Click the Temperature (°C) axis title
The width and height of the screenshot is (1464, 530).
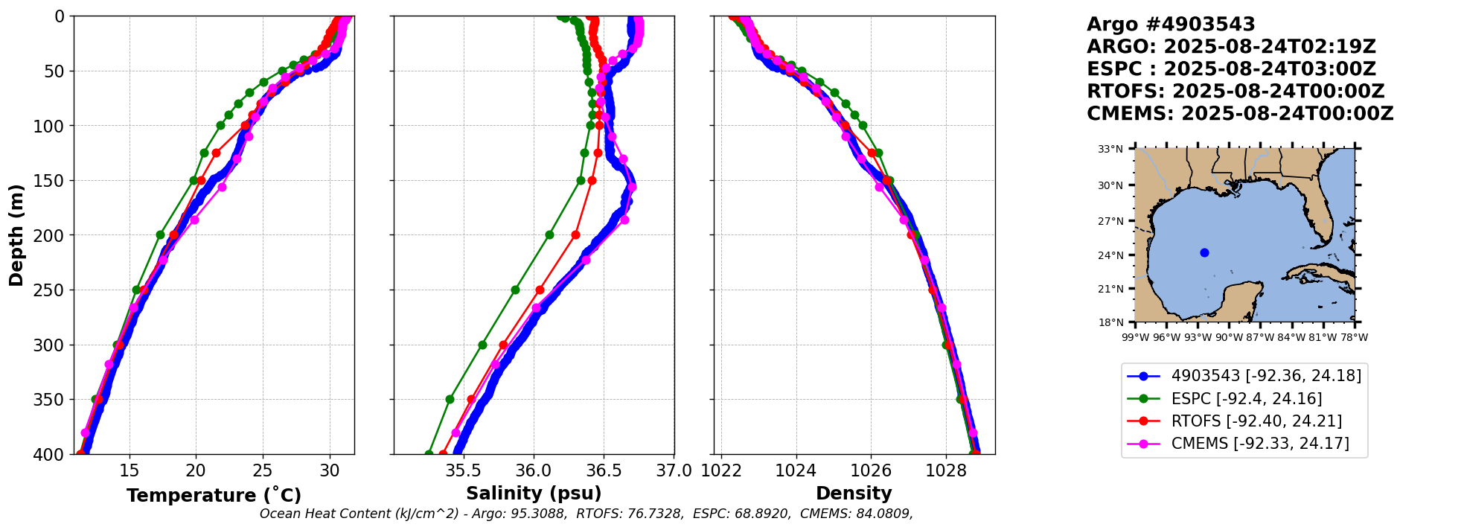pyautogui.click(x=214, y=495)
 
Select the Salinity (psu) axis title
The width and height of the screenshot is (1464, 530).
pyautogui.click(x=534, y=493)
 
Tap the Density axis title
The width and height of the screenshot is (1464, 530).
pyautogui.click(x=854, y=493)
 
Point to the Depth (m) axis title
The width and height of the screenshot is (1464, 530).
pyautogui.click(x=16, y=235)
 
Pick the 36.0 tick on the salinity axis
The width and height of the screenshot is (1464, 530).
pyautogui.click(x=534, y=470)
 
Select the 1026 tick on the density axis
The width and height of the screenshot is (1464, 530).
pyautogui.click(x=871, y=470)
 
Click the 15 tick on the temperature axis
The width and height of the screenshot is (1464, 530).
pyautogui.click(x=130, y=470)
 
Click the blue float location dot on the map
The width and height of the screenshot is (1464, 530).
pyautogui.click(x=1204, y=252)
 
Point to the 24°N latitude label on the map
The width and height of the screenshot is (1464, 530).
pyautogui.click(x=1110, y=255)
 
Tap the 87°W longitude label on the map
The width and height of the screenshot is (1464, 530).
pyautogui.click(x=1260, y=337)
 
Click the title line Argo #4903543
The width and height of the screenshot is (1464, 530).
pyautogui.click(x=1170, y=25)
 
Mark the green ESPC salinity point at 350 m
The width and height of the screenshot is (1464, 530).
pyautogui.click(x=450, y=399)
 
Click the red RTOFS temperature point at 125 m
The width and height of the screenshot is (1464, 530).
pyautogui.click(x=216, y=153)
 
